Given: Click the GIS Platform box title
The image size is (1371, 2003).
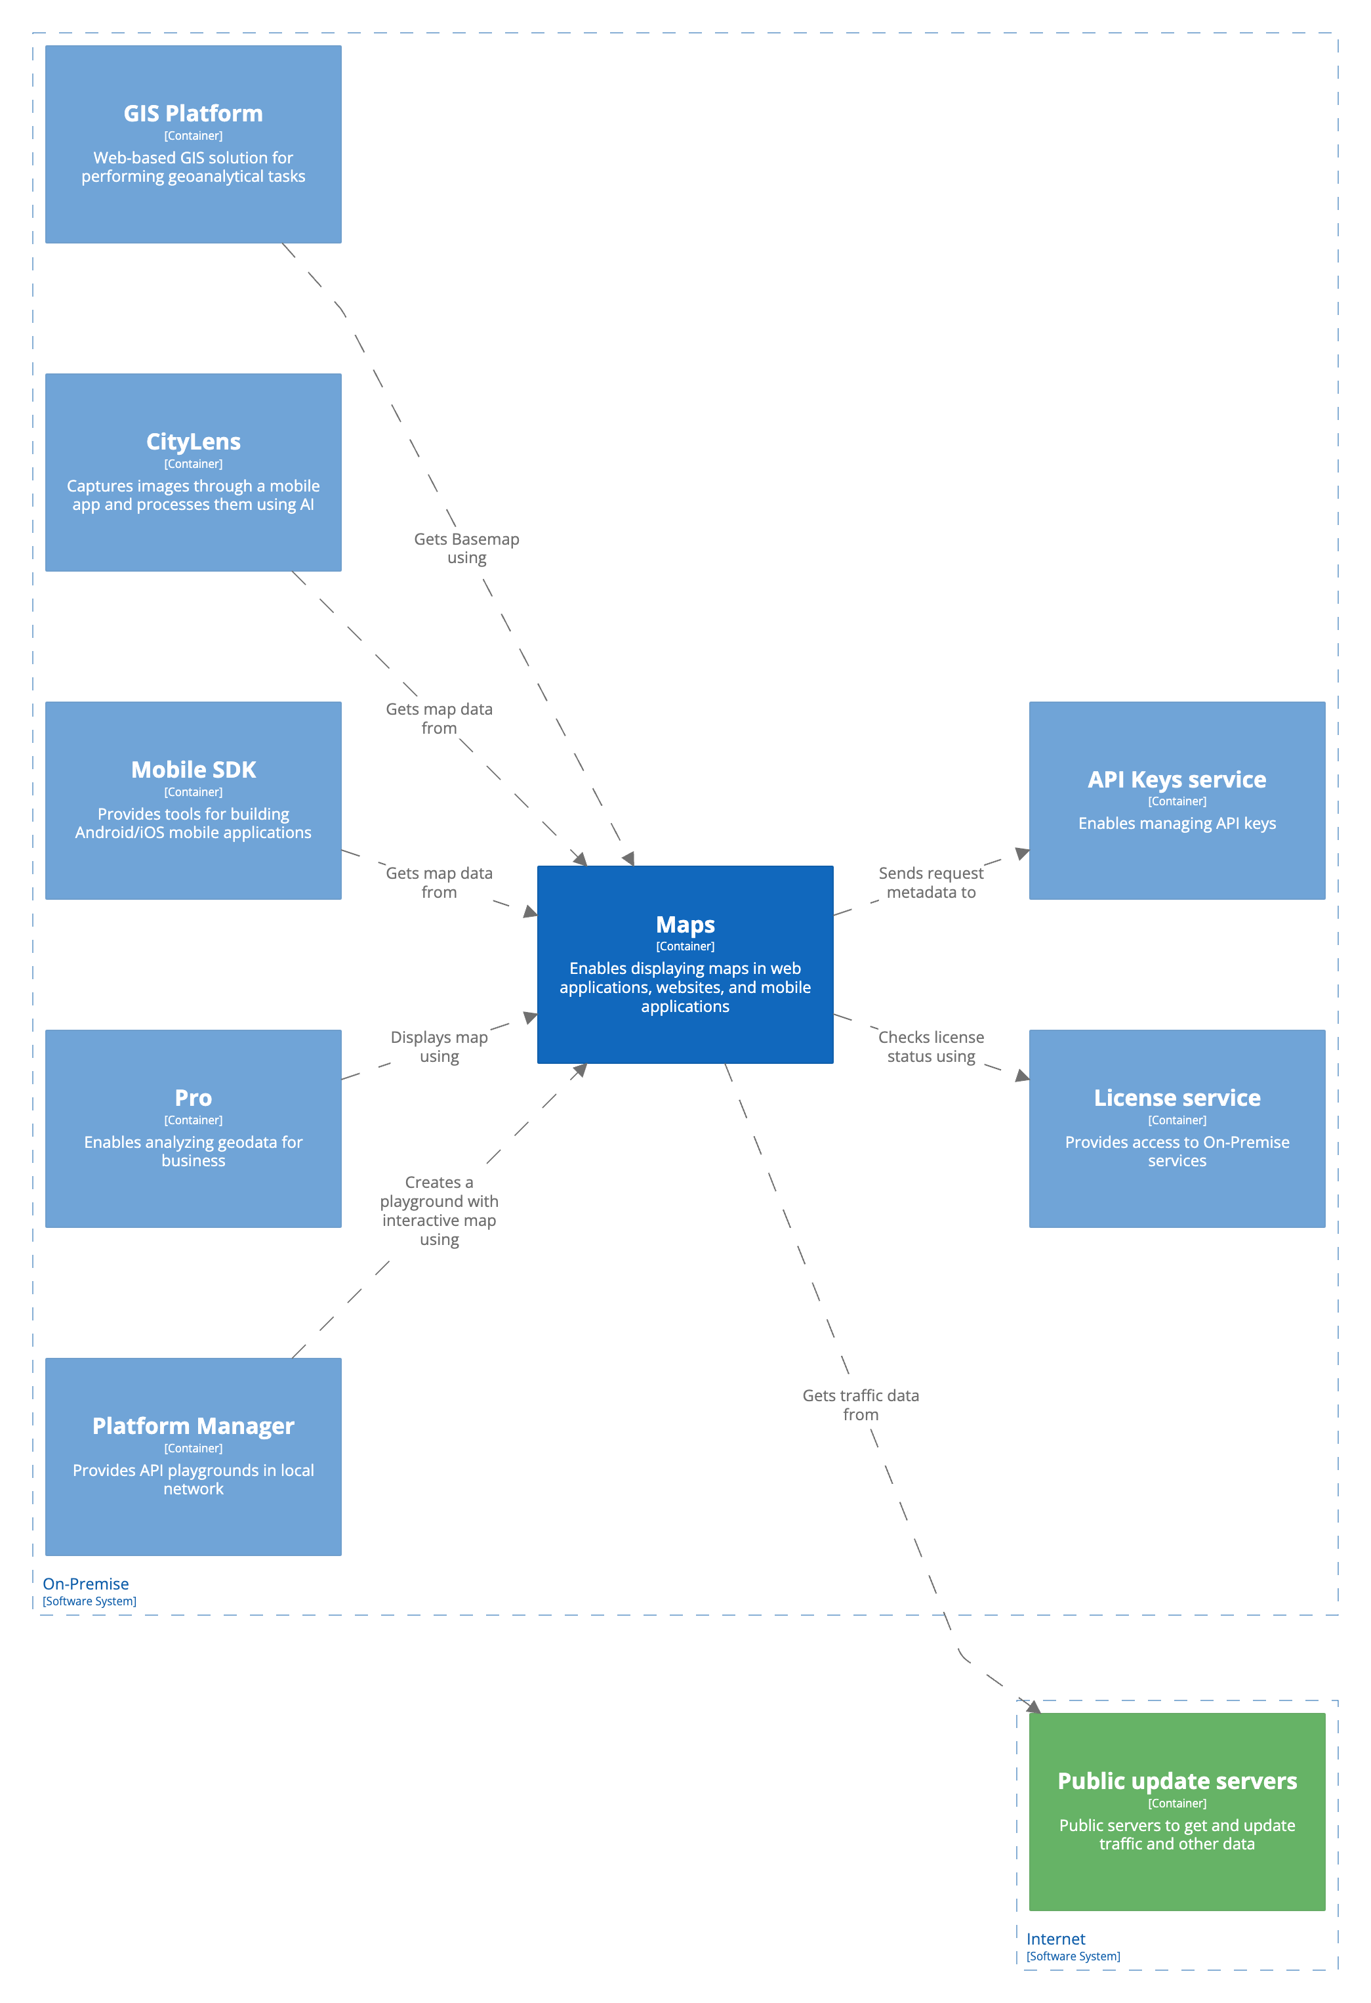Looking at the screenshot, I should click(x=193, y=113).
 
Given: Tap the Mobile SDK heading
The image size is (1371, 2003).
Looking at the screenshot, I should click(x=193, y=770).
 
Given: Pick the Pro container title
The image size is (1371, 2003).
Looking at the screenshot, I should click(x=193, y=1097).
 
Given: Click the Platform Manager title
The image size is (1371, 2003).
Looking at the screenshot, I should click(x=193, y=1425).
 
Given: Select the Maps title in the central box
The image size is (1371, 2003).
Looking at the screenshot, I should click(x=685, y=924).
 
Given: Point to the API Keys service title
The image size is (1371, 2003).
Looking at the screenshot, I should click(x=1176, y=779).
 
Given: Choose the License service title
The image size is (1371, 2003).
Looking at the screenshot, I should click(x=1176, y=1097).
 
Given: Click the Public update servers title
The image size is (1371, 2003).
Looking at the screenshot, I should click(x=1176, y=1781).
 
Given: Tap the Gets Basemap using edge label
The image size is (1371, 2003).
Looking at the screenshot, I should click(x=466, y=548).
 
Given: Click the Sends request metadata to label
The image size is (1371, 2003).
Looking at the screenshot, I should click(x=931, y=883).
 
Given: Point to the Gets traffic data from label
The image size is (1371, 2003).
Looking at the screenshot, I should click(x=860, y=1405).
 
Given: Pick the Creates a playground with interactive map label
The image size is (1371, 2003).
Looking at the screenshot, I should click(x=439, y=1210).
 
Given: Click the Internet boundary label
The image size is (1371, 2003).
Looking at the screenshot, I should click(x=1055, y=1939).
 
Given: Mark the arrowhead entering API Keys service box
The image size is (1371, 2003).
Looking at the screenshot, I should click(x=1022, y=853).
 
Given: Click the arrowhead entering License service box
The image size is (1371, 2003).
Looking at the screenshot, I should click(x=1022, y=1076).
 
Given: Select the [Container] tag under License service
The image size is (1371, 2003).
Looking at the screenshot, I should click(x=1176, y=1120).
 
